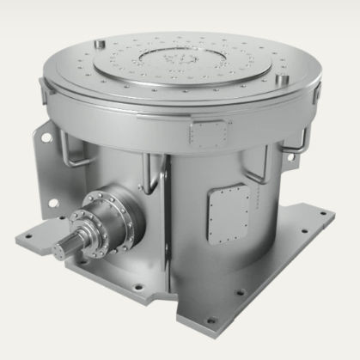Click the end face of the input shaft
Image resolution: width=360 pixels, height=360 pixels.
tap(62, 251)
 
